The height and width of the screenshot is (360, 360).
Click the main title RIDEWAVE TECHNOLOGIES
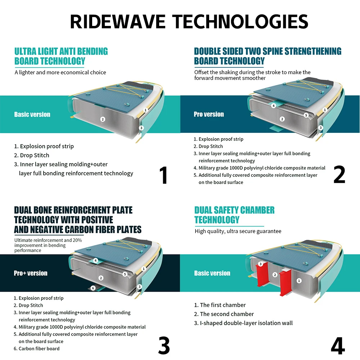[x=189, y=22]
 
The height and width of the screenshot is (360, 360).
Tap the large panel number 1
[x=163, y=175]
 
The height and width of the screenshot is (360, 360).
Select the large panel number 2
[x=339, y=175]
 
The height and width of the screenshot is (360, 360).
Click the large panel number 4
[x=338, y=346]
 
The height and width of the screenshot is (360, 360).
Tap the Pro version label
[x=209, y=114]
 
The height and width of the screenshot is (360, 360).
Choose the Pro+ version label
[x=31, y=273]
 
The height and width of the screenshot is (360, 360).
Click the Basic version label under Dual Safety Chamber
[x=212, y=273]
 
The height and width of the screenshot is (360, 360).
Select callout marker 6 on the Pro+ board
[x=93, y=288]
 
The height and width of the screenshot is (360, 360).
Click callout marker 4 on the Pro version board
[x=274, y=106]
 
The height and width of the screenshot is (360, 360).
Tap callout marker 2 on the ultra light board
[x=103, y=119]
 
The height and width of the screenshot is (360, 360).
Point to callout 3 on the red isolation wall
[x=261, y=264]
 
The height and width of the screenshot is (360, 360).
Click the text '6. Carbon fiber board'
[x=37, y=348]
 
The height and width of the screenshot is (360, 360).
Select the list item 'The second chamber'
[x=224, y=314]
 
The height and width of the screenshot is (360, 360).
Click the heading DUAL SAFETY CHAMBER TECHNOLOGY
[x=234, y=215]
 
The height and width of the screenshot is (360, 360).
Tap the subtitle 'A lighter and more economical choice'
[x=60, y=72]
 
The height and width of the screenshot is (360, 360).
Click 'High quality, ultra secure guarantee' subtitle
[x=238, y=231]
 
